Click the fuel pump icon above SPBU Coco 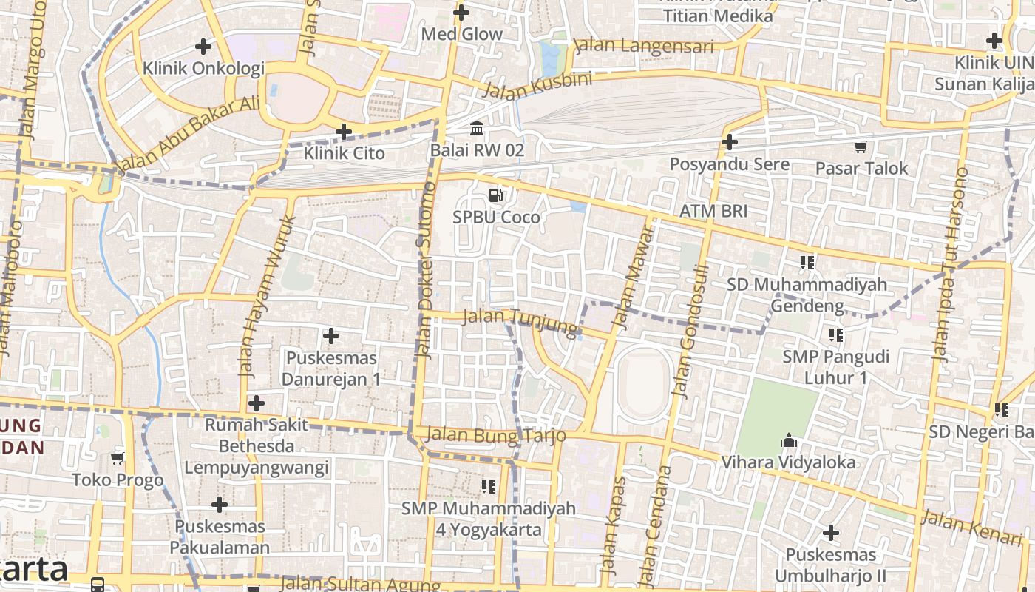tap(496, 195)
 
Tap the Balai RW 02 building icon tap(477, 129)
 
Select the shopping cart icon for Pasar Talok tap(861, 147)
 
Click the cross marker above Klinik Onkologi tap(203, 47)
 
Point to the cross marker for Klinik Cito tap(344, 132)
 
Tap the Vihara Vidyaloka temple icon tap(789, 441)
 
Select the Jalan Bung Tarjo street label tap(496, 435)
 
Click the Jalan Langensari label tap(644, 46)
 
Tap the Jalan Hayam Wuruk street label tap(268, 296)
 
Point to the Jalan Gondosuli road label tap(690, 331)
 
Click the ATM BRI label tap(713, 211)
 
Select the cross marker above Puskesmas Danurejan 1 tap(331, 337)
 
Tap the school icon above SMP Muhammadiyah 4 tap(488, 486)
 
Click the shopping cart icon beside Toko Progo tap(117, 459)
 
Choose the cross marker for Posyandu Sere tap(730, 142)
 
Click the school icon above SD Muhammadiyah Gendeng tap(807, 262)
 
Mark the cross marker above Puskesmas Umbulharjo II tap(831, 533)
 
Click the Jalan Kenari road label tap(961, 527)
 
